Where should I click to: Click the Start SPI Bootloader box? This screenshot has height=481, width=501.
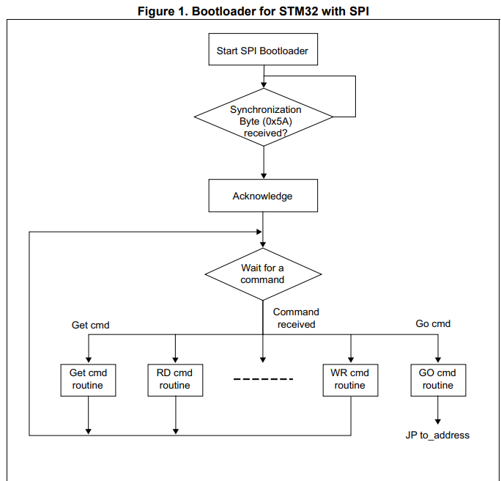click(x=262, y=51)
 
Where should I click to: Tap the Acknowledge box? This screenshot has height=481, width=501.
click(x=262, y=196)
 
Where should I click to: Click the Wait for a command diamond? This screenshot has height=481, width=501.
click(x=263, y=273)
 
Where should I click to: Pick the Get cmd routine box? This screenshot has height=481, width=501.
click(x=88, y=379)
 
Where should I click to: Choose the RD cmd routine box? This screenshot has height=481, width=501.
click(x=175, y=379)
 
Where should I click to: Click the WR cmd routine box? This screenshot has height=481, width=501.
click(x=350, y=379)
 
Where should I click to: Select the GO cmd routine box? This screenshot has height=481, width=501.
click(x=437, y=379)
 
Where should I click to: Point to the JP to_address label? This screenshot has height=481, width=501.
click(x=437, y=435)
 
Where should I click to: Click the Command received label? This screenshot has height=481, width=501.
click(x=296, y=318)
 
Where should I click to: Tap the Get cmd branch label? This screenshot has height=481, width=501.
click(x=90, y=324)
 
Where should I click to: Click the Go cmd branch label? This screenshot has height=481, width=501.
click(x=433, y=323)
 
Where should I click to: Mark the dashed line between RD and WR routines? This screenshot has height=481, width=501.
click(x=263, y=379)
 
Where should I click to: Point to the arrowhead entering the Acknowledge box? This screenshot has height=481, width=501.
click(x=263, y=176)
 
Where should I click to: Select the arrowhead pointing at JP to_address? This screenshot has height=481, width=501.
click(x=438, y=422)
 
